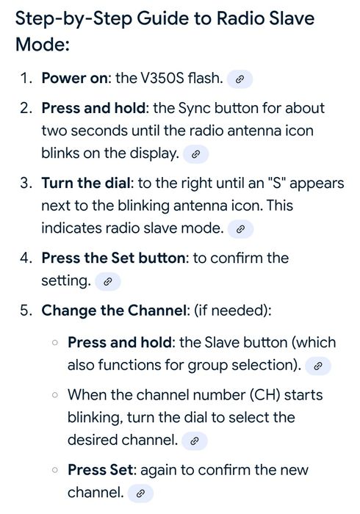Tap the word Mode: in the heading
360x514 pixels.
(x=43, y=44)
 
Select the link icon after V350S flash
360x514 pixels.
(x=240, y=79)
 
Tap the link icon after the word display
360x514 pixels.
(x=195, y=154)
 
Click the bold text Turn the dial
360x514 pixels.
(x=86, y=183)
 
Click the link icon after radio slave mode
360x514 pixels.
(x=240, y=229)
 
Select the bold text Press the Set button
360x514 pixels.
(x=113, y=258)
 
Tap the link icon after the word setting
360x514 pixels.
(x=107, y=281)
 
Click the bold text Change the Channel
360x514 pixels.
(x=114, y=311)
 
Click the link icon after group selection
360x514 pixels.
(x=317, y=366)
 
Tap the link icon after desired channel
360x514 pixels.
(x=195, y=441)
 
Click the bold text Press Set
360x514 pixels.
(x=101, y=470)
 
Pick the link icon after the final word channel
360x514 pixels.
(x=140, y=493)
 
